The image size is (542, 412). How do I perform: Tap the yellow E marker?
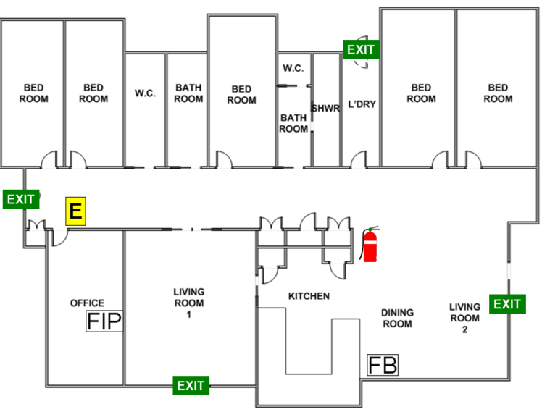tap(75, 211)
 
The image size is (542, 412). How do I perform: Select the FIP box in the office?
tap(104, 321)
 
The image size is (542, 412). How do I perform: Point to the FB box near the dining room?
tap(383, 365)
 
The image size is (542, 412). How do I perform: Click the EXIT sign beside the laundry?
tap(361, 49)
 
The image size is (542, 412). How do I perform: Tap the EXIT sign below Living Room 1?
tap(191, 385)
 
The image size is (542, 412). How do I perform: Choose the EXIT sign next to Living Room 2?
tap(507, 304)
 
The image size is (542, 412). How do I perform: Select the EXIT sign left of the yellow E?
tap(21, 199)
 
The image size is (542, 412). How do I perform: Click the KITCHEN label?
tap(309, 296)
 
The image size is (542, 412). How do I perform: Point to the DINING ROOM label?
tap(397, 318)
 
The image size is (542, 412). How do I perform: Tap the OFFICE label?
tap(87, 303)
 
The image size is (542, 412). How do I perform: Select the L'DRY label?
tap(362, 104)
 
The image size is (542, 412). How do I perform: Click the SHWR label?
tap(325, 108)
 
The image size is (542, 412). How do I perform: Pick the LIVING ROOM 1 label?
tap(188, 303)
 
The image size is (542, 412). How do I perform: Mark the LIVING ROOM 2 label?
tap(464, 318)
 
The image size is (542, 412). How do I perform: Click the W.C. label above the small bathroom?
tap(293, 68)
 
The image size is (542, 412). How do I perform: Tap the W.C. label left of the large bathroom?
tap(145, 93)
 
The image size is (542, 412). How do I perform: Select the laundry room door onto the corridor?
tap(359, 159)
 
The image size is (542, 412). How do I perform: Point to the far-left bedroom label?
tap(33, 93)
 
